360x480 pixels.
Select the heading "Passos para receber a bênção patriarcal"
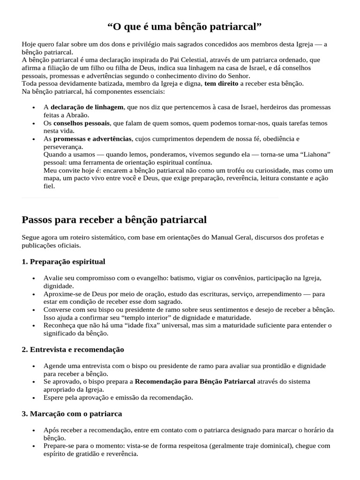(114, 219)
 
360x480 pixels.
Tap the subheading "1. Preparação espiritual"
(63, 261)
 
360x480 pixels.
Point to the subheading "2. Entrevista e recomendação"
(73, 349)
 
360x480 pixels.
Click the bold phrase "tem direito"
(221, 83)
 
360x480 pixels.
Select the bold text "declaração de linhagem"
(87, 107)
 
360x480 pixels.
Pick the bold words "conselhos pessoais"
(82, 123)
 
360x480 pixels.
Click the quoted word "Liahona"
(314, 154)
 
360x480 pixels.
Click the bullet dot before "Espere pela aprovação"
(33, 398)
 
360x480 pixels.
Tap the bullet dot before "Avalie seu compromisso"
(33, 278)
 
